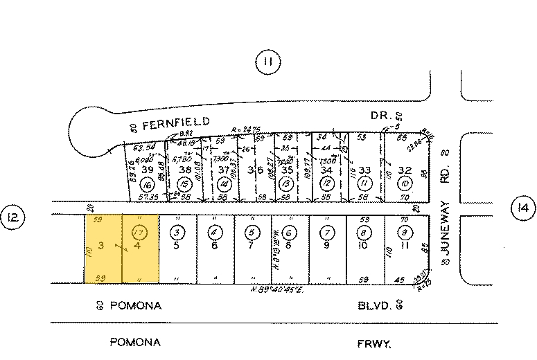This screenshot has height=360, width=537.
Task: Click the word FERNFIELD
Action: tap(176, 123)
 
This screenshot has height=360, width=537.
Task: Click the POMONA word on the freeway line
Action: tap(135, 343)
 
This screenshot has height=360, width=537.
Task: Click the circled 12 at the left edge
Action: tap(14, 219)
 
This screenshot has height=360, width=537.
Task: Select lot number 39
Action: tap(146, 170)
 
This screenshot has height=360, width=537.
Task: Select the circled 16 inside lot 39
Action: tap(146, 186)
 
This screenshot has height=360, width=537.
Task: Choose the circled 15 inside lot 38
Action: tap(185, 185)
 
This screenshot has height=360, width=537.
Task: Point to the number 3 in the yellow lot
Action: tap(101, 244)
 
